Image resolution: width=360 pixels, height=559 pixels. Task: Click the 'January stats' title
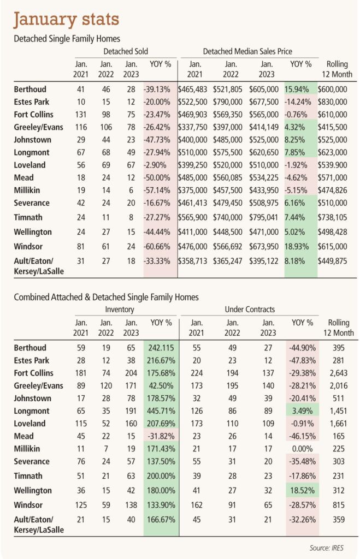click(66, 20)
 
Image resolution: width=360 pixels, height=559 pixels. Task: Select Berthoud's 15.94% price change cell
click(297, 89)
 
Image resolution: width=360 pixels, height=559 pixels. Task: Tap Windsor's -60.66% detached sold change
click(157, 246)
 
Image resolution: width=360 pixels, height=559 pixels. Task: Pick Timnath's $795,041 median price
click(264, 217)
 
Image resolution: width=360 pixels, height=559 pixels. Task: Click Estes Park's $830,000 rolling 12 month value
click(332, 102)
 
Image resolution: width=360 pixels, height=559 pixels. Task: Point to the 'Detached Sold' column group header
click(126, 51)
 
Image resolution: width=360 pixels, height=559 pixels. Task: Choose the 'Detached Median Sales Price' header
click(247, 51)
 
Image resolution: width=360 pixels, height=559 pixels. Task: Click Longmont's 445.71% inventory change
click(161, 411)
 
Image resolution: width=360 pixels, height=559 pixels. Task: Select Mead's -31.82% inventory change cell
click(161, 436)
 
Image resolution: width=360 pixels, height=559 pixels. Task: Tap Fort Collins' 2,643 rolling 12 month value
click(338, 373)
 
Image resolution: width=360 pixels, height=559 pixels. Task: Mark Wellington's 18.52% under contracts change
click(302, 491)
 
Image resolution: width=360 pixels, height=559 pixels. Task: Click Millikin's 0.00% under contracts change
click(302, 449)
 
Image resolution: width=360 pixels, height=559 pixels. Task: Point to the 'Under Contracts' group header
click(250, 310)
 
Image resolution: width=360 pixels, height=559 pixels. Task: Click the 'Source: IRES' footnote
click(327, 548)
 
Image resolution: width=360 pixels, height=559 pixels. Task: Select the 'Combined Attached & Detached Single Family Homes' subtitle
click(107, 297)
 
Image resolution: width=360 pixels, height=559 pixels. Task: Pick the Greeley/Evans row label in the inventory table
click(39, 386)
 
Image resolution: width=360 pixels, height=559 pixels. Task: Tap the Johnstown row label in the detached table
click(32, 140)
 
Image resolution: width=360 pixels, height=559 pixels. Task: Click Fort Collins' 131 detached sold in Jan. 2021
click(81, 115)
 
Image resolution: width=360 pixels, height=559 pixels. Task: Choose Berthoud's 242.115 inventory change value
click(161, 348)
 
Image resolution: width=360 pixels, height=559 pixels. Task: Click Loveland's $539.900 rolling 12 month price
click(332, 165)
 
